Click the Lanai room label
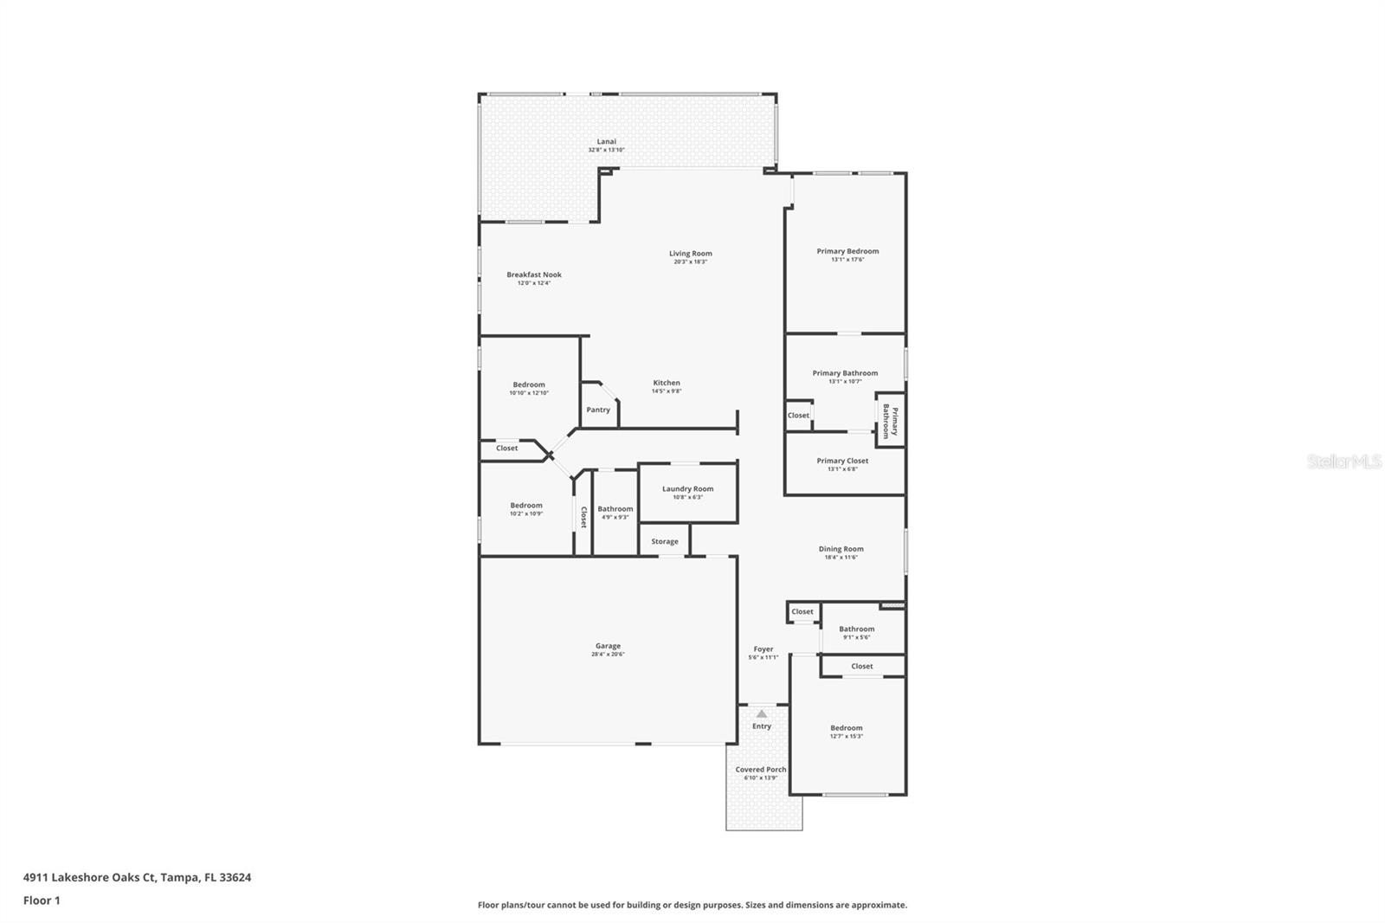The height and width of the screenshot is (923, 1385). (x=606, y=141)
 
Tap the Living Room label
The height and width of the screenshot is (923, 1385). (x=690, y=254)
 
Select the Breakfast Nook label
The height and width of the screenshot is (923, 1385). (x=534, y=274)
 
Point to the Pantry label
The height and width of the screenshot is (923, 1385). (x=598, y=410)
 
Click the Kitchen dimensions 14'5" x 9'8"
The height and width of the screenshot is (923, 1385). (x=667, y=391)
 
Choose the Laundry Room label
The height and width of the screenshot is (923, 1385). (x=687, y=488)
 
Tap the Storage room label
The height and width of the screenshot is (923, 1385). (x=665, y=541)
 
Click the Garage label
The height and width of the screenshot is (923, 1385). (x=608, y=645)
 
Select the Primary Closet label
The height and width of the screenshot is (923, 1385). (x=842, y=461)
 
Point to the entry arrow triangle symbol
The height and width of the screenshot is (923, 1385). (x=761, y=714)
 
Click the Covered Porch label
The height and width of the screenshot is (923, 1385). (x=761, y=769)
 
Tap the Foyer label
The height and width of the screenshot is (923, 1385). (x=763, y=649)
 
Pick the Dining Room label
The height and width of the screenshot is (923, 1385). (x=841, y=548)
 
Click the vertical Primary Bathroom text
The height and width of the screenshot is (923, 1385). (x=891, y=422)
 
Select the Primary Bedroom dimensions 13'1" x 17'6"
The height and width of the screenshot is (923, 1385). (x=847, y=260)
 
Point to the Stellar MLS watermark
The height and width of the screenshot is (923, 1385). (x=1343, y=462)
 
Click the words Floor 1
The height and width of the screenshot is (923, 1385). (x=42, y=900)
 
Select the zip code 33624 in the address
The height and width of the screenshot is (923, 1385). (x=235, y=877)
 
